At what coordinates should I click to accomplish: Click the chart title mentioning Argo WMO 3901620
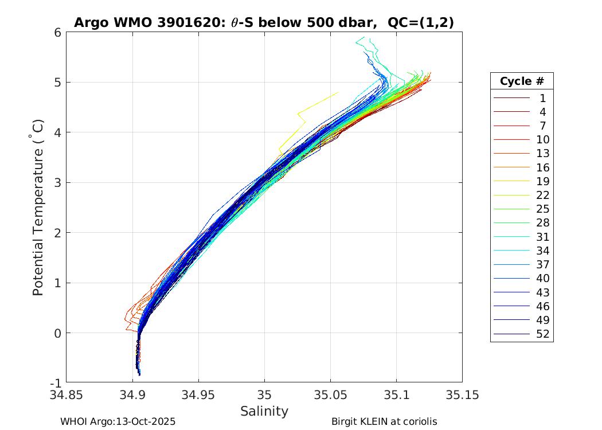(264, 22)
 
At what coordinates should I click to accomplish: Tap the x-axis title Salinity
(264, 411)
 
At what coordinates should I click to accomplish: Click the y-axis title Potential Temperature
(38, 207)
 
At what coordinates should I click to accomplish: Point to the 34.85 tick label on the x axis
(67, 395)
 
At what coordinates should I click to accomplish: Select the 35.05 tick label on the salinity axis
(330, 395)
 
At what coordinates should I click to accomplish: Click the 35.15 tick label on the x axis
(462, 395)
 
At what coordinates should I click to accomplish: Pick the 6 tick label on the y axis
(58, 33)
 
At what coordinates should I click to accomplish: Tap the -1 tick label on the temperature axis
(56, 383)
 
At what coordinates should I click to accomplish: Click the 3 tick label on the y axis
(58, 183)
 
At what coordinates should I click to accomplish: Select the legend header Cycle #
(522, 81)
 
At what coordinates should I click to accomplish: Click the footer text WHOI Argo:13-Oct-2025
(118, 421)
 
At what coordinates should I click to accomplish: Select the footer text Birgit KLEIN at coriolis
(384, 421)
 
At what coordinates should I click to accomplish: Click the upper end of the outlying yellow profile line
(337, 92)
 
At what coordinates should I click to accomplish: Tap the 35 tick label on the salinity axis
(264, 395)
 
